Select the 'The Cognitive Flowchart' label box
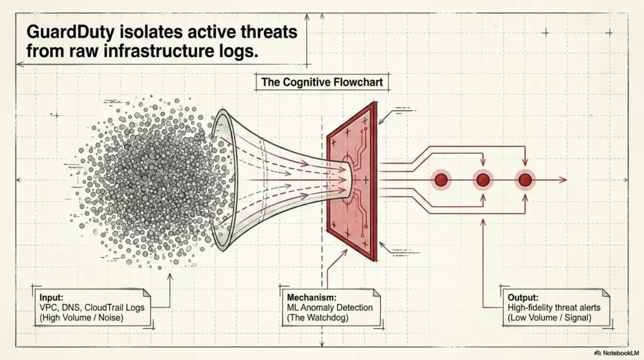[x=322, y=82]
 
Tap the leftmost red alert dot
[x=441, y=180]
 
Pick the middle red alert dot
[x=483, y=180]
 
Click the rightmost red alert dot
[x=525, y=180]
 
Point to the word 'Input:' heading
[x=52, y=298]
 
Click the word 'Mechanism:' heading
[x=312, y=298]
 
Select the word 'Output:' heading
[x=523, y=298]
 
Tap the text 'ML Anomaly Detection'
[x=330, y=307]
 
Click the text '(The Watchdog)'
[x=318, y=318]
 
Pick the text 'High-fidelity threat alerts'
[x=554, y=307]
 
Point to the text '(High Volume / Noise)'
[x=81, y=318]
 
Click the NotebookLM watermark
[x=616, y=353]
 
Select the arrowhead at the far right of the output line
[x=563, y=180]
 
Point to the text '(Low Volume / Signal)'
[x=550, y=318]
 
